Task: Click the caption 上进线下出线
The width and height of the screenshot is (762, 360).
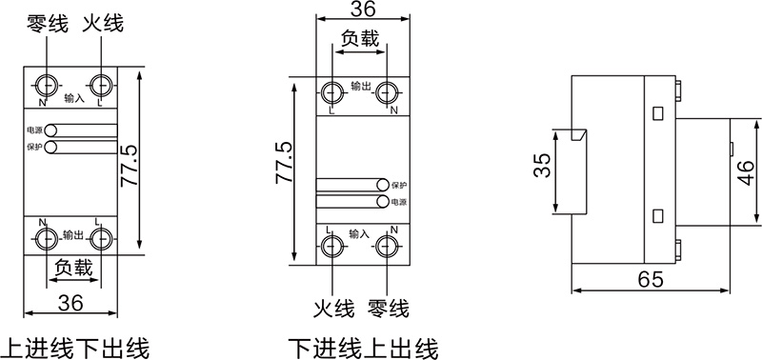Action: (x=77, y=346)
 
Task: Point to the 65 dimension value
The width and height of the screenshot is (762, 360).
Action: (x=651, y=279)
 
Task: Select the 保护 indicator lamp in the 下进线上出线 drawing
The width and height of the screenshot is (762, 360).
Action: (x=383, y=185)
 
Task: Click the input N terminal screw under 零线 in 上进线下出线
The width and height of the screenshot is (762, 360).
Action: (x=45, y=81)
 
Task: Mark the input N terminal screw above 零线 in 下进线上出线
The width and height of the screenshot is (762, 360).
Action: (x=388, y=246)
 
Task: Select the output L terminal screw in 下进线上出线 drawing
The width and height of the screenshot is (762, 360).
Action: (x=332, y=92)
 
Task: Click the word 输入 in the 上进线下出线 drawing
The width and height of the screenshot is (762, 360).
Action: (x=74, y=97)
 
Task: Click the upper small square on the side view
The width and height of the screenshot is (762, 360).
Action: (x=656, y=113)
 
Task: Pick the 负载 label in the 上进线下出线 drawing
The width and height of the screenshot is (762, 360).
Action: (x=73, y=268)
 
